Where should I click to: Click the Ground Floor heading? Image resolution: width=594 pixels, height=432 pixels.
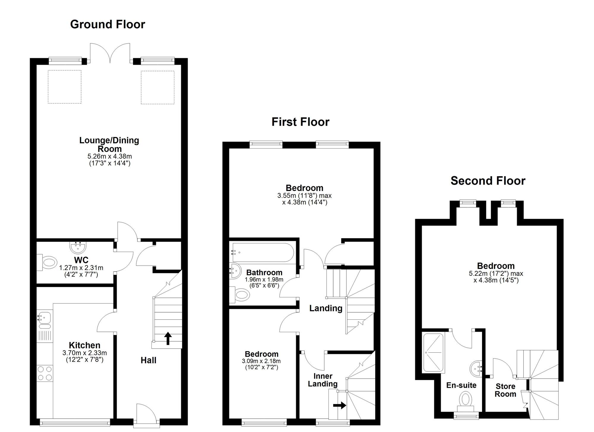tap(108, 24)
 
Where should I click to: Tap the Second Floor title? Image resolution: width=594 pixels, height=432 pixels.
tap(488, 181)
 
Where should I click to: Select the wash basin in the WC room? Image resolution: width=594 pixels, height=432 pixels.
tap(78, 246)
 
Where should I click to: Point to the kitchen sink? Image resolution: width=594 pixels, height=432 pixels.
tap(44, 317)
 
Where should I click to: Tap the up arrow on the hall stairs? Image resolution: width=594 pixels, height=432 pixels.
tap(168, 338)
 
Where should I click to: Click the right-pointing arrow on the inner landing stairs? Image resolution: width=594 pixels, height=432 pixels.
tap(339, 405)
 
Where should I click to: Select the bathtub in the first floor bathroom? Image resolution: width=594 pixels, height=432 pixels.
tap(263, 253)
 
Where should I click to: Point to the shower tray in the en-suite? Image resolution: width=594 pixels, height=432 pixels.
tap(433, 353)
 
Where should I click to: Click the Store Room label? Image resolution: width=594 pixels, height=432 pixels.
tap(505, 390)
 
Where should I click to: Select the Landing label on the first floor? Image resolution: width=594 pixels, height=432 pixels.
tap(326, 308)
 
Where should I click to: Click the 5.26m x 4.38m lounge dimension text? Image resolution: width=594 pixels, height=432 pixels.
tap(110, 156)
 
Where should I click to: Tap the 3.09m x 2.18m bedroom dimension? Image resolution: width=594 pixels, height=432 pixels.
tap(261, 361)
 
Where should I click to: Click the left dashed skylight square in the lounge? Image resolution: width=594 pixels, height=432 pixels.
tap(64, 87)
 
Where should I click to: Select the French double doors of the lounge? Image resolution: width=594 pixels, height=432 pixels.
tap(110, 53)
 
